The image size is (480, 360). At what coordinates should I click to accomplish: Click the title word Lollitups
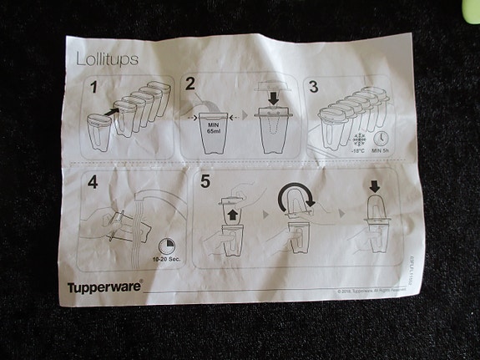tap(107, 59)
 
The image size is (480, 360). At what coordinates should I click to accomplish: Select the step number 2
tap(191, 83)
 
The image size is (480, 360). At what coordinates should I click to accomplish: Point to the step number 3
tap(314, 85)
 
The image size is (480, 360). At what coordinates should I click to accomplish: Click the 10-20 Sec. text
tap(164, 261)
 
